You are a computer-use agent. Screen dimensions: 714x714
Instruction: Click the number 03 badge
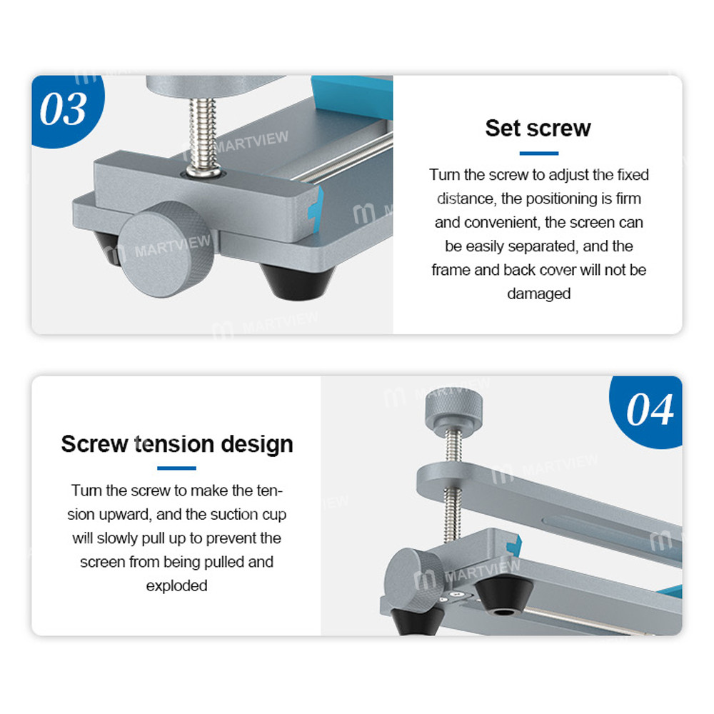pyautogui.click(x=66, y=110)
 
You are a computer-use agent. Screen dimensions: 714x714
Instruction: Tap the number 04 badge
pyautogui.click(x=648, y=411)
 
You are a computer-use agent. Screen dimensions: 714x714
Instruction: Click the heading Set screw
pyautogui.click(x=538, y=128)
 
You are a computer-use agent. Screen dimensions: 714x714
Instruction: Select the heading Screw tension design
pyautogui.click(x=177, y=444)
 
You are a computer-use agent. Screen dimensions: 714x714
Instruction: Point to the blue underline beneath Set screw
pyautogui.click(x=538, y=154)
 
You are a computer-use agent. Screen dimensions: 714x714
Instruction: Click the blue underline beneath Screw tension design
pyautogui.click(x=176, y=468)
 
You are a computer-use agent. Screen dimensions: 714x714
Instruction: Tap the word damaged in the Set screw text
pyautogui.click(x=538, y=293)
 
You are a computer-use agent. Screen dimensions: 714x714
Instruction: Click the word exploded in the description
pyautogui.click(x=176, y=585)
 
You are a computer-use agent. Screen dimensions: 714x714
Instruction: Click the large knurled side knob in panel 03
pyautogui.click(x=166, y=249)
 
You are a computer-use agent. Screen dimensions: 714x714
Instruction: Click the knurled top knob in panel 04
pyautogui.click(x=453, y=408)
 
